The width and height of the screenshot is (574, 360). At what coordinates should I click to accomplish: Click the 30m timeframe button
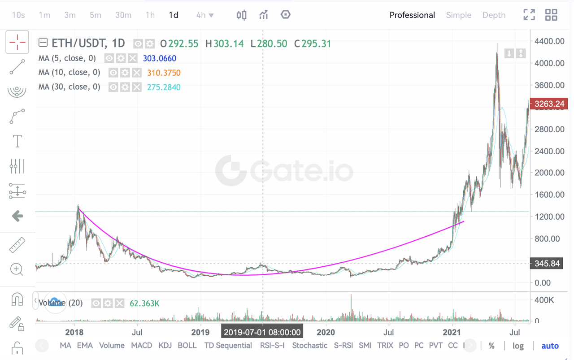pos(123,15)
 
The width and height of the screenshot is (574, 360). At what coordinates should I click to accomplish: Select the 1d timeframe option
pos(174,15)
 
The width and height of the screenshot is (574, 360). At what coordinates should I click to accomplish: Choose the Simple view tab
pos(458,15)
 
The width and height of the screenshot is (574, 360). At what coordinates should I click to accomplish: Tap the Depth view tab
pos(494,15)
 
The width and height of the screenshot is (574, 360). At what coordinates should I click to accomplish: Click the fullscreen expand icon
pos(529,15)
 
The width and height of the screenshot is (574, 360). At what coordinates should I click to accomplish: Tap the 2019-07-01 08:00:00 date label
pos(262,332)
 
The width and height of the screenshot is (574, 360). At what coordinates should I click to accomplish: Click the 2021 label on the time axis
pos(452,332)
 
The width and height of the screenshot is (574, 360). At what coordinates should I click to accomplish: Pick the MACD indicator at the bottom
pos(142,345)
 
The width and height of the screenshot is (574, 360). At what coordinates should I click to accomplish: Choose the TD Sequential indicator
pos(228,345)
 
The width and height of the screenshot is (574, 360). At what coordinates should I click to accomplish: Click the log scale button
pos(518,346)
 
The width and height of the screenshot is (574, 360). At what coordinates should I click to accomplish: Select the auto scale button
pos(550,346)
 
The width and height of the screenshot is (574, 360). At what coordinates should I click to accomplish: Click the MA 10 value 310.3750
pos(164,73)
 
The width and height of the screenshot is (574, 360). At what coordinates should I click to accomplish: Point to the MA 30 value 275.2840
pos(164,87)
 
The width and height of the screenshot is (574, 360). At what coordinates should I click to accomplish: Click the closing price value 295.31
pos(316,43)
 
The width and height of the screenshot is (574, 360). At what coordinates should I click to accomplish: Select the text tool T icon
pos(17,141)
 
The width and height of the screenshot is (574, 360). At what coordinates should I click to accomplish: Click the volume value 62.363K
pos(144,304)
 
